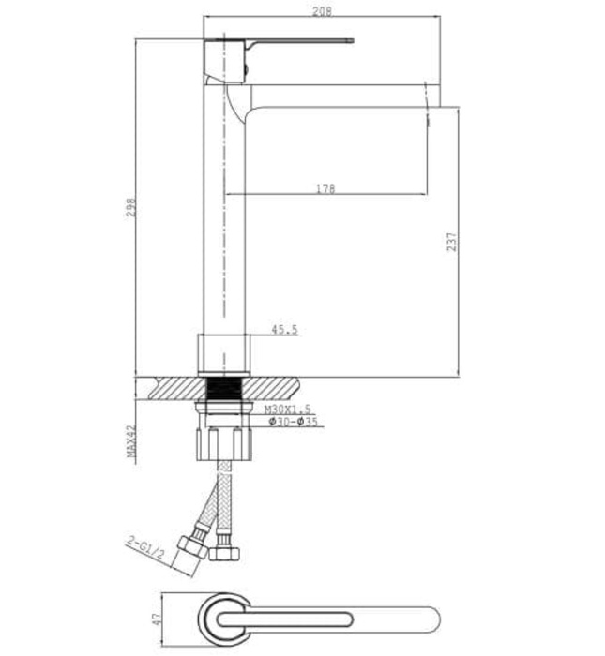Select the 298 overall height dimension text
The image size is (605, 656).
(132, 205)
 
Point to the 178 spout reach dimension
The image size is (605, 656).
(325, 188)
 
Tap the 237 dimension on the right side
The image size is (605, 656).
(452, 242)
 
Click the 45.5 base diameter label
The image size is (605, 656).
(284, 330)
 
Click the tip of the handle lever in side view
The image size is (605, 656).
(349, 41)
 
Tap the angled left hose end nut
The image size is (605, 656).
(194, 545)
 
